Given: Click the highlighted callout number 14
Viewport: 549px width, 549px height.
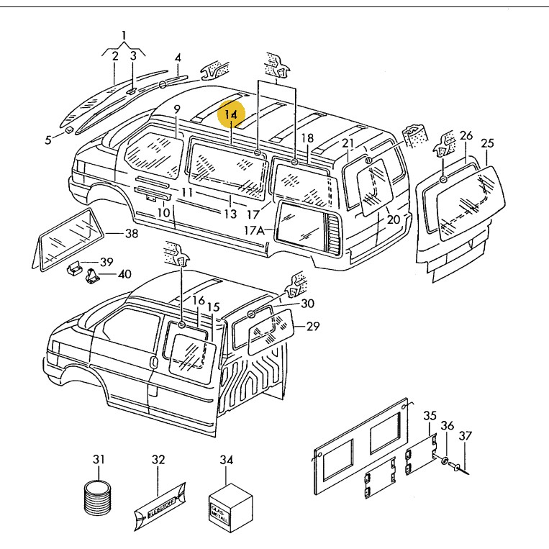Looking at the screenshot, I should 231,114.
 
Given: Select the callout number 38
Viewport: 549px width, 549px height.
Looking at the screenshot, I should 131,234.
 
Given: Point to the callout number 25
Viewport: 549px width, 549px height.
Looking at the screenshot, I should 487,144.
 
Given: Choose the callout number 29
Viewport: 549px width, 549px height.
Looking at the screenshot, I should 312,326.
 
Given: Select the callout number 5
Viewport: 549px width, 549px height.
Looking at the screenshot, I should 49,140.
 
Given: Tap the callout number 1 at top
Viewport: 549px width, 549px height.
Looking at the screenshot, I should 124,36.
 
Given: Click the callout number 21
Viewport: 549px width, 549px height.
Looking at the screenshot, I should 348,142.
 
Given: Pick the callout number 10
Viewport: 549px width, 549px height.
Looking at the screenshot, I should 163,213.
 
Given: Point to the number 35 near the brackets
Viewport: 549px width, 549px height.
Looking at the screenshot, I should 430,416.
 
